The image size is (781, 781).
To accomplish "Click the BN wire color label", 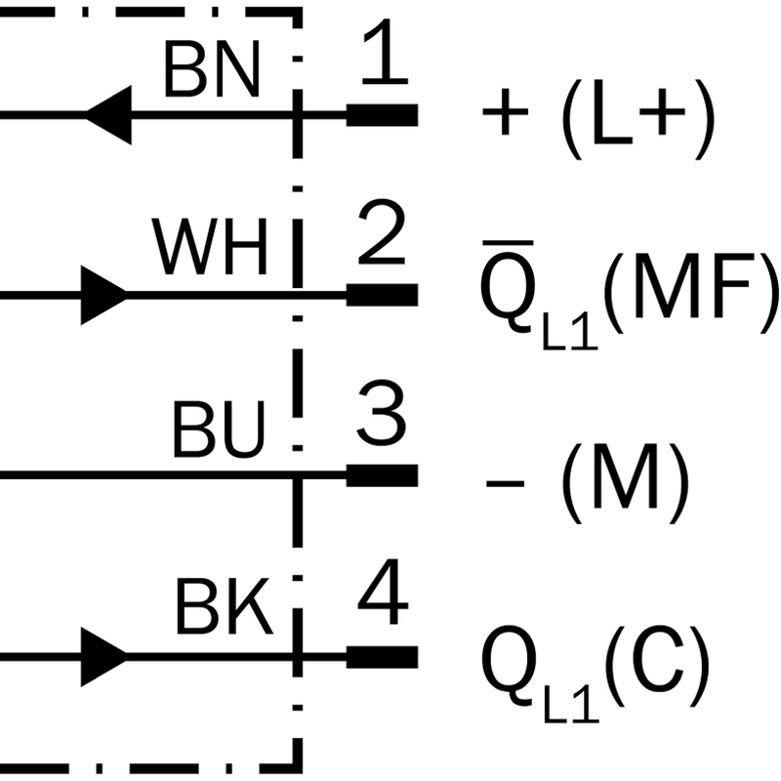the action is pos(212,68).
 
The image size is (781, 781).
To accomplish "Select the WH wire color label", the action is pos(210,247).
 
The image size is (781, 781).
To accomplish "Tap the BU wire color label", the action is pos(218,429).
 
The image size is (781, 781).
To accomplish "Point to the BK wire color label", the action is pos(225,606).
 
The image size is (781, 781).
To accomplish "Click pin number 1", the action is pos(385,51).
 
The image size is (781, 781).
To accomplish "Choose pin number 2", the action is pos(382,231).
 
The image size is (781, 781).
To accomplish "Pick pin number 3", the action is pos(382,413).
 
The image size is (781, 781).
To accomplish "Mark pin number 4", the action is pos(383,592).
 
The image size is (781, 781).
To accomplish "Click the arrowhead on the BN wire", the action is pos(108,115).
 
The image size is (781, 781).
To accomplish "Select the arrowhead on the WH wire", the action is pos(104,296).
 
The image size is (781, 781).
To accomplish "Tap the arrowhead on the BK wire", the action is pos(104,657).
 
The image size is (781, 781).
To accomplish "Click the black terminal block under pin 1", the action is pos(382,115).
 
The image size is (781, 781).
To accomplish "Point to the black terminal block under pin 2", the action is pos(382,295).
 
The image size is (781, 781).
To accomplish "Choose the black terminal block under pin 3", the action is pos(382,475).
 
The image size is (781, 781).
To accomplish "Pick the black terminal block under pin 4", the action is pos(382,657).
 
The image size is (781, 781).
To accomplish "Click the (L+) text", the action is pos(638,119).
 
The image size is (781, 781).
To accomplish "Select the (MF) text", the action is pos(691,294).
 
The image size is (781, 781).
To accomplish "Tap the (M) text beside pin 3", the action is pos(626,483).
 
